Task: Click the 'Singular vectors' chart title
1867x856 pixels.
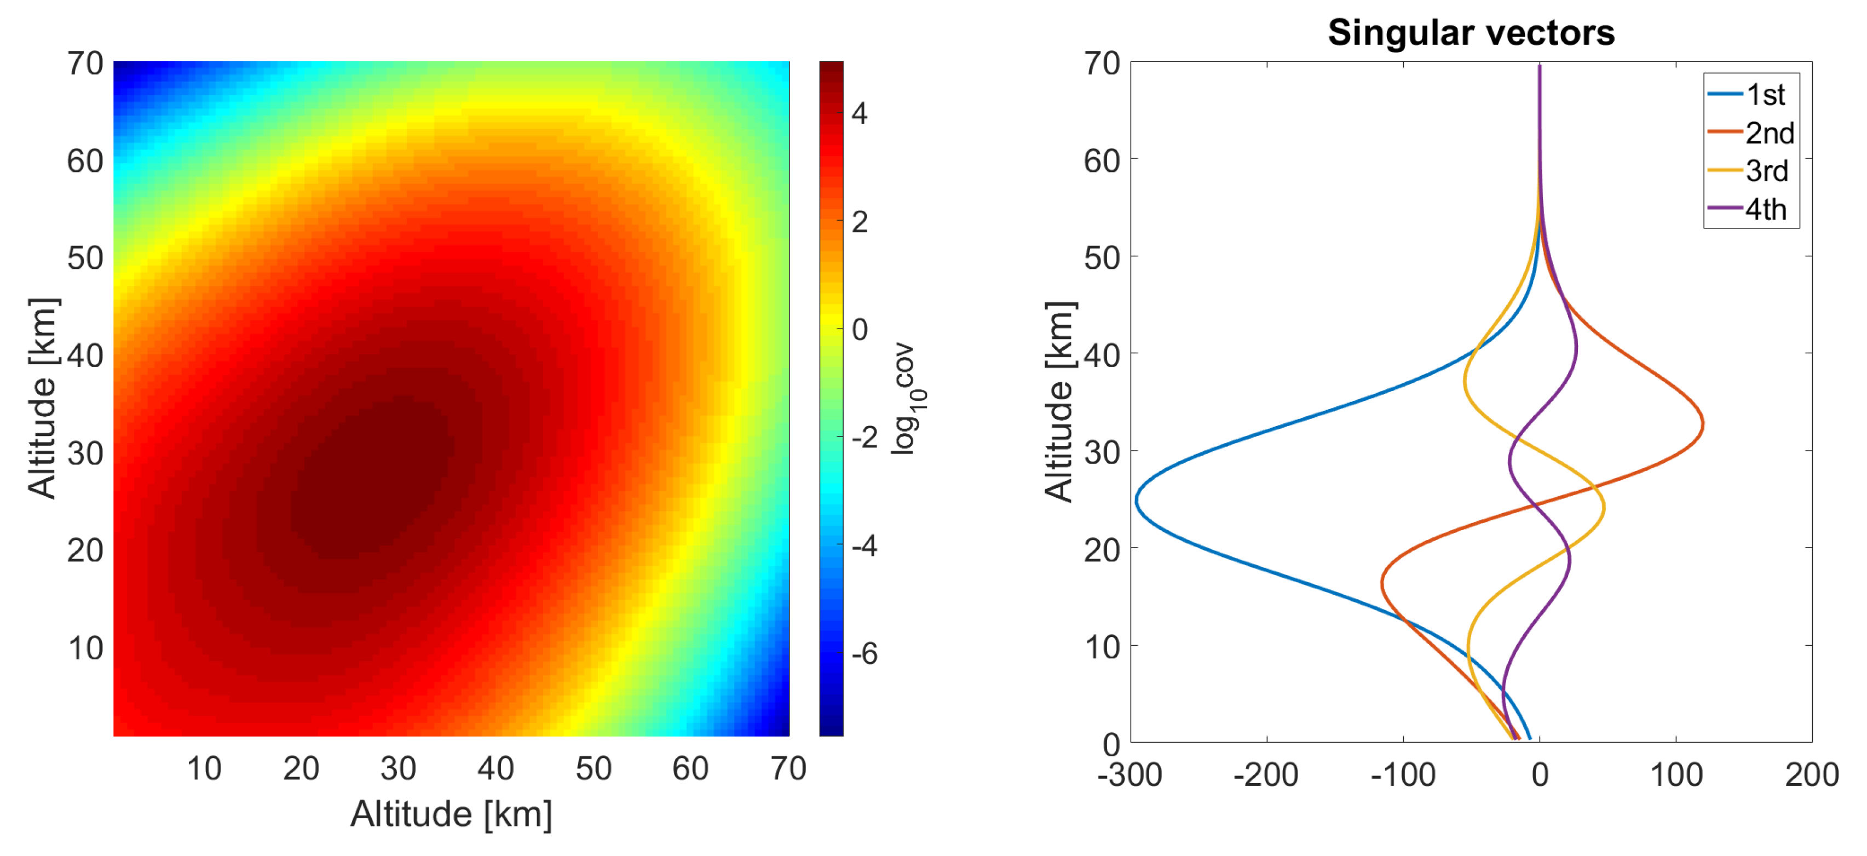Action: tap(1471, 33)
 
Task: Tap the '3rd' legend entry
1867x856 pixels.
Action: tap(1766, 171)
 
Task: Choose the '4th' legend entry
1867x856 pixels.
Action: tap(1765, 209)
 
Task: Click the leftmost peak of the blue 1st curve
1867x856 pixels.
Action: tap(1137, 500)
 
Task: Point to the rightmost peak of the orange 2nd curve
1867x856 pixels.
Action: tap(1703, 425)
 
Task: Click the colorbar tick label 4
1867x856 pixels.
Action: tap(860, 114)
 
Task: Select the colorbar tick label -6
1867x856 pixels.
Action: tap(864, 654)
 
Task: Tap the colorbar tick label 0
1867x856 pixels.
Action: tap(860, 330)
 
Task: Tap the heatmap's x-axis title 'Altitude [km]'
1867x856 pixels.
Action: tap(451, 814)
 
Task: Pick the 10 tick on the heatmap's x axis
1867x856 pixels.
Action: tap(204, 768)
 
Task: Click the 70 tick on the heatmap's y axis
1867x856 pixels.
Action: tap(85, 64)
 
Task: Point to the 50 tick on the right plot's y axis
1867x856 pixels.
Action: tap(1101, 258)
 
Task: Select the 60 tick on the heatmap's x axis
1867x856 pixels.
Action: tap(690, 768)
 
